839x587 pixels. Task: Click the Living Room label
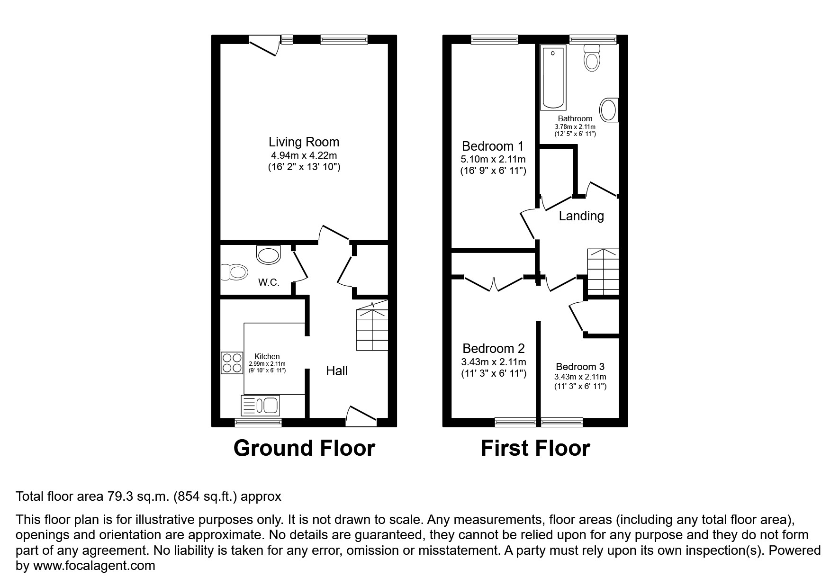pyautogui.click(x=304, y=142)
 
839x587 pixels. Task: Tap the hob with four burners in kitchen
pyautogui.click(x=231, y=363)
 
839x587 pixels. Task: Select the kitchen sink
pyautogui.click(x=261, y=405)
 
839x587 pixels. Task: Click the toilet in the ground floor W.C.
pyautogui.click(x=234, y=272)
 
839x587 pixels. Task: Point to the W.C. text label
pyautogui.click(x=269, y=282)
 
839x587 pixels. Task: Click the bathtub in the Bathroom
pyautogui.click(x=553, y=78)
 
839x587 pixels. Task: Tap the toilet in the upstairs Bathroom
pyautogui.click(x=592, y=58)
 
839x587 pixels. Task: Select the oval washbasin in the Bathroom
pyautogui.click(x=608, y=110)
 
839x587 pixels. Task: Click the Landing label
pyautogui.click(x=581, y=216)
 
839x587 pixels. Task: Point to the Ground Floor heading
pyautogui.click(x=304, y=448)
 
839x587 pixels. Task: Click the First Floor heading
pyautogui.click(x=535, y=448)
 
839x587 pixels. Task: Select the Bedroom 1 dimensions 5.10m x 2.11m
pyautogui.click(x=493, y=159)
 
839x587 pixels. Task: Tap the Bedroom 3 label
pyautogui.click(x=580, y=366)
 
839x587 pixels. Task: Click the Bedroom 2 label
pyautogui.click(x=493, y=349)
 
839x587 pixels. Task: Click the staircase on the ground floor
pyautogui.click(x=372, y=328)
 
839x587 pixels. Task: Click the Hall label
pyautogui.click(x=336, y=370)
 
